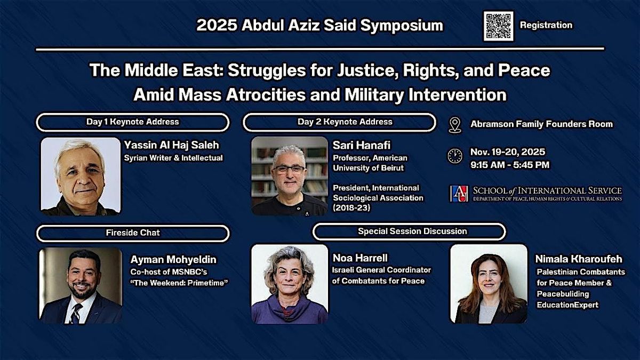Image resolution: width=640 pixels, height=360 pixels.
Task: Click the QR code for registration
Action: click(x=498, y=26)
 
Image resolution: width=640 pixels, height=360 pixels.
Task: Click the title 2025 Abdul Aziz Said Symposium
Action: click(x=319, y=26)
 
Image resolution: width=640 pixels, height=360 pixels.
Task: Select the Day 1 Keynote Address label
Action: click(x=133, y=122)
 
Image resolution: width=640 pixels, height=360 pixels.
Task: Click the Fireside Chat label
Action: click(x=132, y=233)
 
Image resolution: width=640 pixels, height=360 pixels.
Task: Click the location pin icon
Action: click(x=455, y=124)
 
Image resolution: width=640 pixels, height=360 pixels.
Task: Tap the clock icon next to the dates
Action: click(x=455, y=156)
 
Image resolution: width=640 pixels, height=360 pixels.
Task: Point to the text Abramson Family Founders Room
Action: click(x=541, y=124)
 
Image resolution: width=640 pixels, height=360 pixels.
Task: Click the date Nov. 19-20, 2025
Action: click(x=507, y=152)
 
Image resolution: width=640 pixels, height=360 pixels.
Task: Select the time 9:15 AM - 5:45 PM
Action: click(x=509, y=165)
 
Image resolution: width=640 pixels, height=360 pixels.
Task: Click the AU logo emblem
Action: click(x=459, y=194)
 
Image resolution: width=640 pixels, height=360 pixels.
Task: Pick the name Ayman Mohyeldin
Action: click(x=173, y=260)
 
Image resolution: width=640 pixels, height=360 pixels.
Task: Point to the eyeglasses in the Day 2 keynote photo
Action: click(x=289, y=169)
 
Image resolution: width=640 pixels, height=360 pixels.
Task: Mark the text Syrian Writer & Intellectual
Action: click(x=173, y=158)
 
